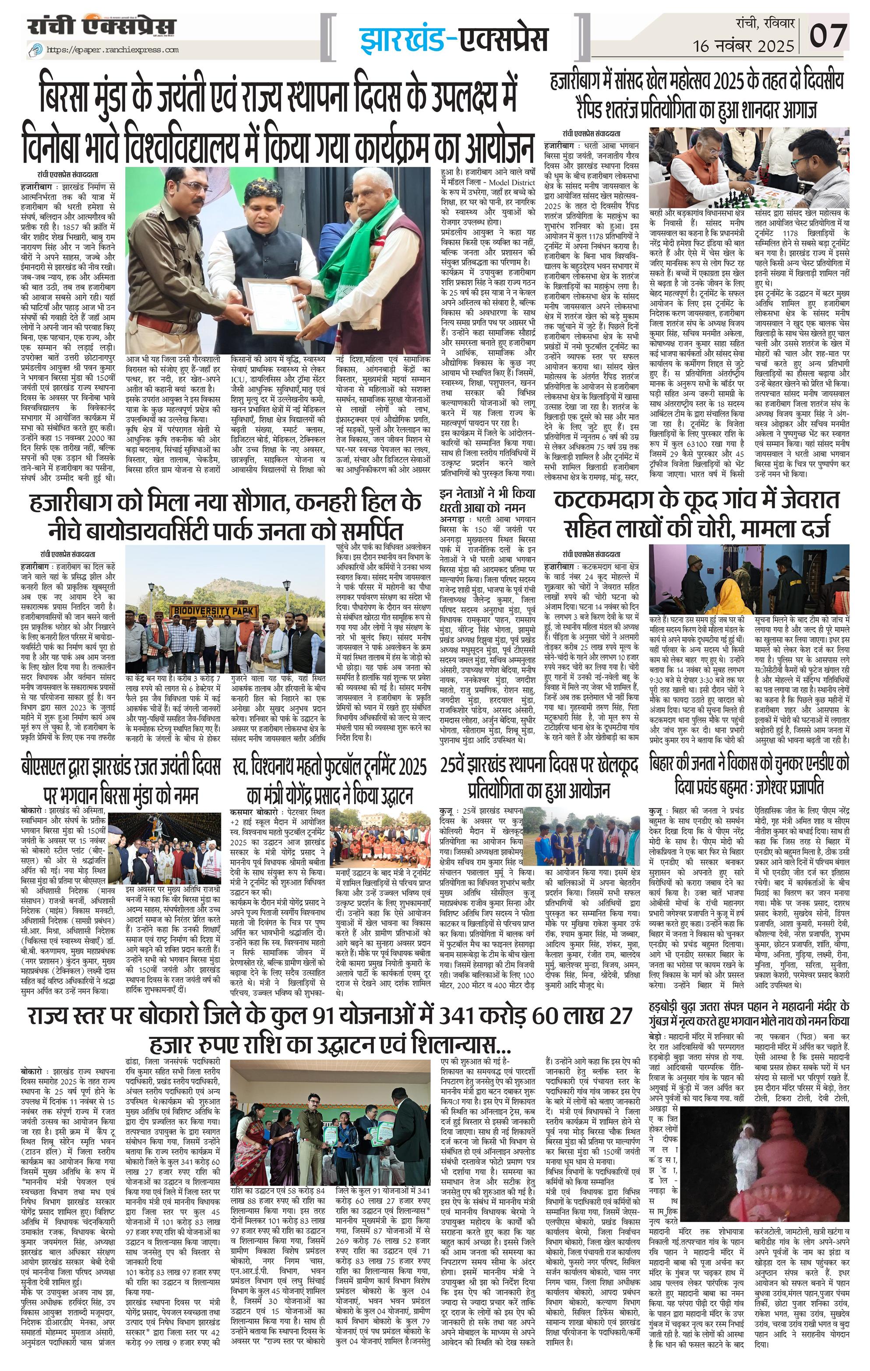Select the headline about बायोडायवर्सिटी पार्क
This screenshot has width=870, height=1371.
(228, 515)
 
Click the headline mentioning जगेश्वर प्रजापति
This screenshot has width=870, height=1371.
(749, 775)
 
